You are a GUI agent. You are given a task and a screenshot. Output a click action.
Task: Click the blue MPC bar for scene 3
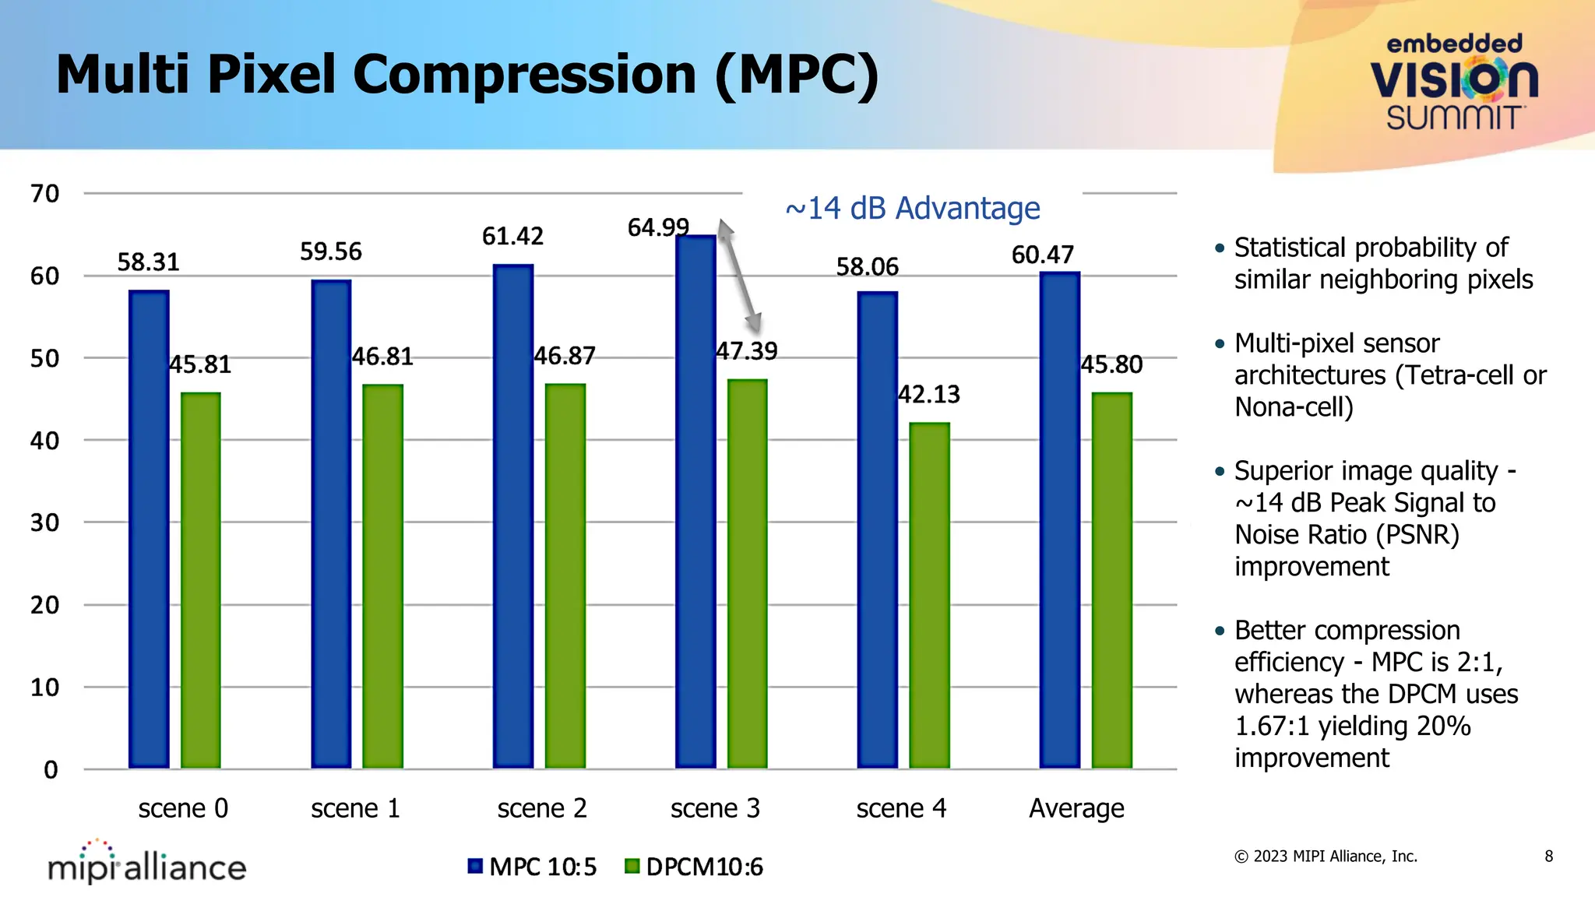click(695, 502)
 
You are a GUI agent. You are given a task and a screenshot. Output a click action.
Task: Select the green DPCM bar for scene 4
click(929, 596)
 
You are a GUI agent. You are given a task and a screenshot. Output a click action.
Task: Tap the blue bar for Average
click(1059, 520)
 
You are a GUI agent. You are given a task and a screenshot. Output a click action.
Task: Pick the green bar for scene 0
click(201, 580)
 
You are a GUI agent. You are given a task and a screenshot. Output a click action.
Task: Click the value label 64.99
click(658, 227)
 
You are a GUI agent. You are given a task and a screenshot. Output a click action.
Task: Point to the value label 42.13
click(929, 394)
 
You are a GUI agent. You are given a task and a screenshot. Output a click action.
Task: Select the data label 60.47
click(1042, 255)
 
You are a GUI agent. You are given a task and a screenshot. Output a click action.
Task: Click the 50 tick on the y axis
click(44, 358)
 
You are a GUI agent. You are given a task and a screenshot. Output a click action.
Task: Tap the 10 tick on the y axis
click(44, 687)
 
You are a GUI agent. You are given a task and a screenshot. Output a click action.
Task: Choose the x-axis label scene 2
click(542, 808)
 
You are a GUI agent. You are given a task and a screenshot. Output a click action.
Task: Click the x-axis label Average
click(1076, 808)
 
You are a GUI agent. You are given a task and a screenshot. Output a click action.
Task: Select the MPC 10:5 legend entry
click(533, 867)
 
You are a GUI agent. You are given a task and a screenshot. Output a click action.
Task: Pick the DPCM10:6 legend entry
click(695, 867)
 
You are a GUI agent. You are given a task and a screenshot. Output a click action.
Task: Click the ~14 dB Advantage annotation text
click(912, 209)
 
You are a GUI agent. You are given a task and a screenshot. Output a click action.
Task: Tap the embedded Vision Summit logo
click(1454, 82)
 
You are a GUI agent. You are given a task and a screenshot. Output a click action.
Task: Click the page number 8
click(1548, 857)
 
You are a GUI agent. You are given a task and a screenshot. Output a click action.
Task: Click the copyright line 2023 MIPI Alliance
click(1326, 857)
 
